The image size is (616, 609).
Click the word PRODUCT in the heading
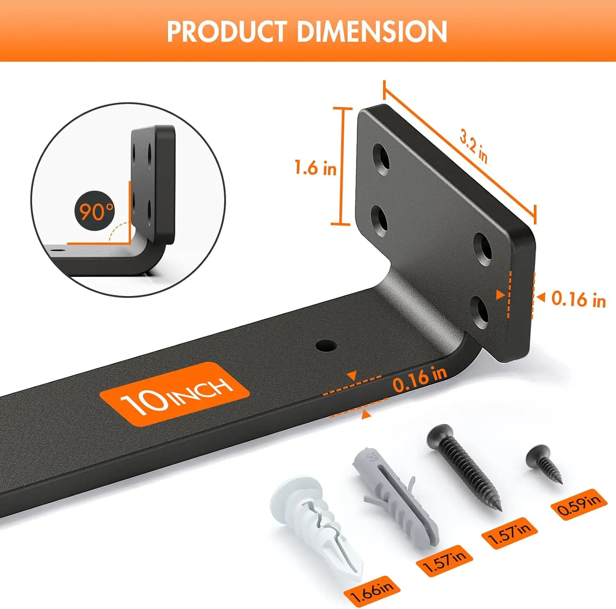227,32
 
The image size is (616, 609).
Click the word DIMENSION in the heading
372,32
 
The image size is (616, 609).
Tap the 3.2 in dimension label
473,146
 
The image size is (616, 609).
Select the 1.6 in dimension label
315,168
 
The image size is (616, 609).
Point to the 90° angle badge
95,211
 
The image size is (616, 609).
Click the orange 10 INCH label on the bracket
175,395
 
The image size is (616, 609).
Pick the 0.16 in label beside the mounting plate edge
578,299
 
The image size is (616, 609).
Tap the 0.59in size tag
579,505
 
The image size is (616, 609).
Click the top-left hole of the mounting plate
382,159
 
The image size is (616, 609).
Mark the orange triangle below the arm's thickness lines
366,415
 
